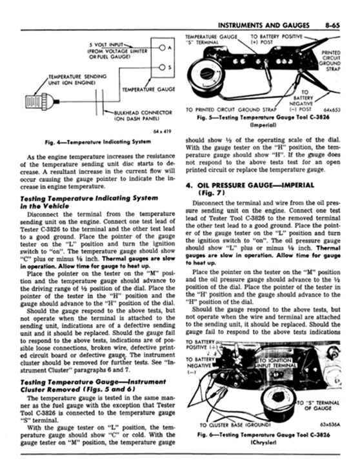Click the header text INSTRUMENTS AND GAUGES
263,23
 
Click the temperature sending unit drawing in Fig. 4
35,101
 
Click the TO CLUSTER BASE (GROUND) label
236,426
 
